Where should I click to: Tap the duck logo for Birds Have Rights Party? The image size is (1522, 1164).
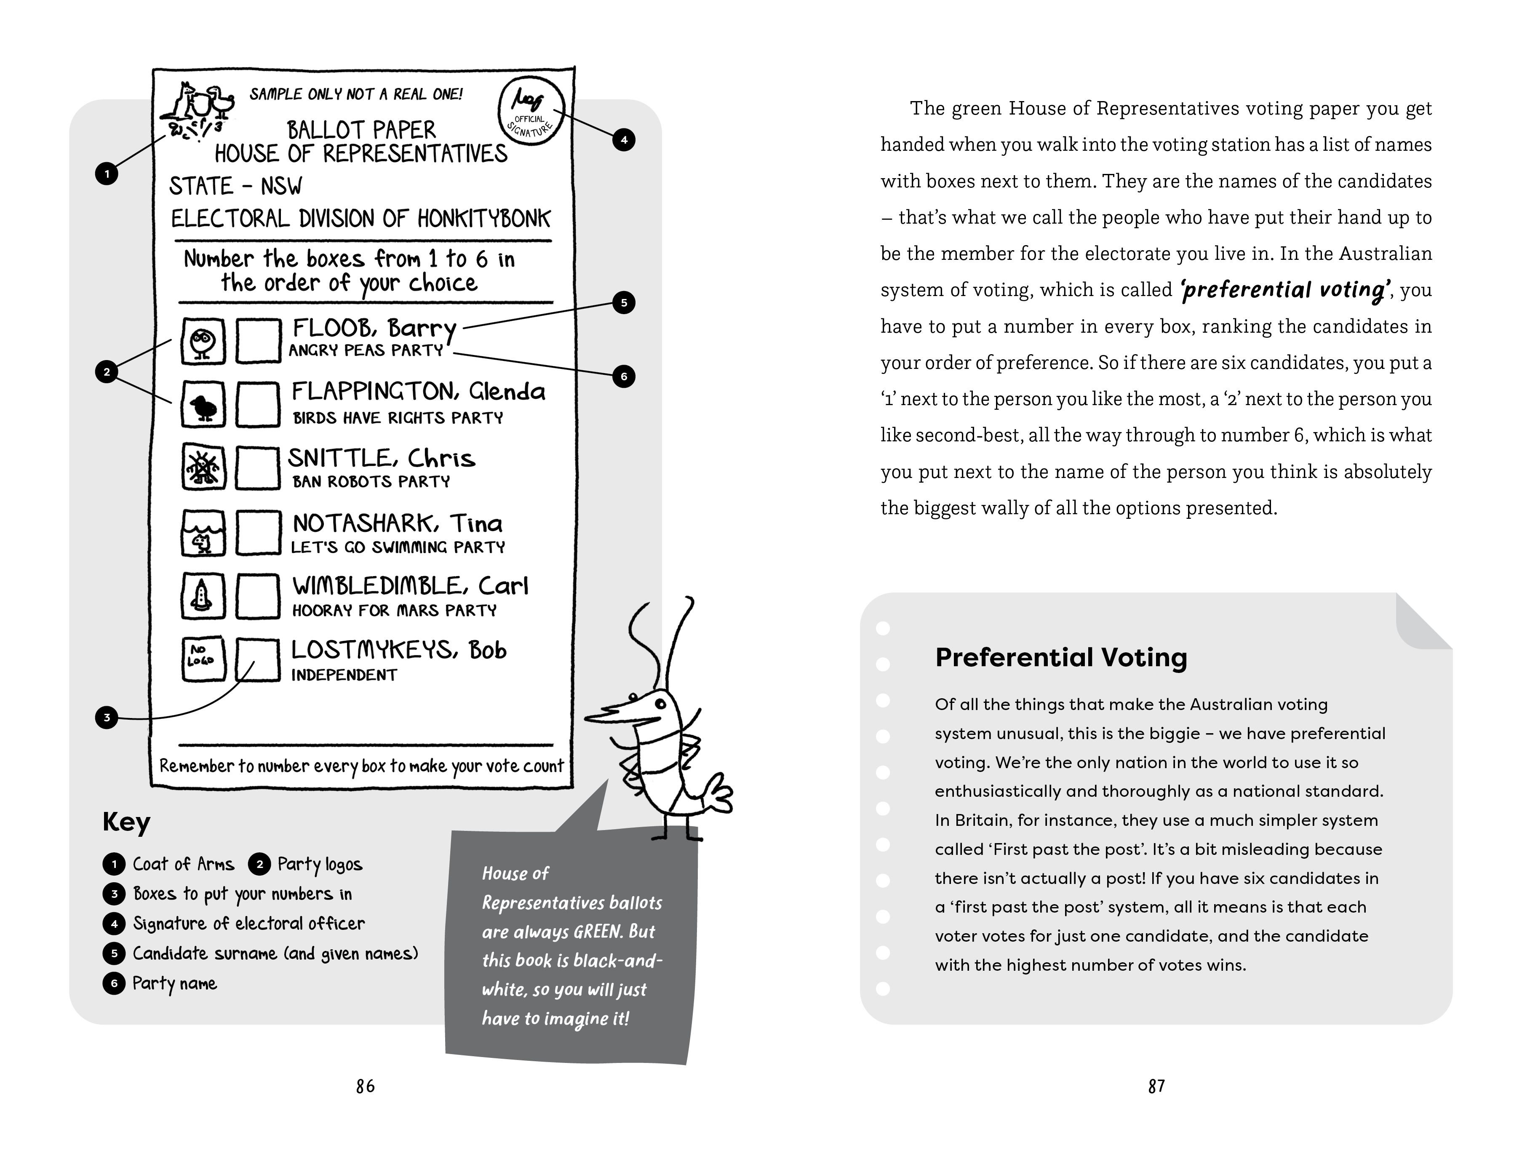pyautogui.click(x=203, y=405)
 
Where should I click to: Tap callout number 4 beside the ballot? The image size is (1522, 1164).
pyautogui.click(x=623, y=140)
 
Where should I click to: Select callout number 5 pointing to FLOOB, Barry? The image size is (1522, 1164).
pyautogui.click(x=623, y=303)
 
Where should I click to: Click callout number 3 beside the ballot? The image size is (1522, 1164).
pyautogui.click(x=107, y=717)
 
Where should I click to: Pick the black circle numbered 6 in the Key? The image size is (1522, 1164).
pyautogui.click(x=114, y=983)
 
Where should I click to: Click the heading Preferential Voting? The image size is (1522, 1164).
pyautogui.click(x=1060, y=657)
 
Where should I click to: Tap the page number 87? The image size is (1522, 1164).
pyautogui.click(x=1156, y=1086)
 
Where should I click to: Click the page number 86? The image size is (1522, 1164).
pyautogui.click(x=365, y=1086)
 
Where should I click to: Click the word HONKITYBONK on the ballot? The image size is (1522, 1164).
pyautogui.click(x=483, y=219)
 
